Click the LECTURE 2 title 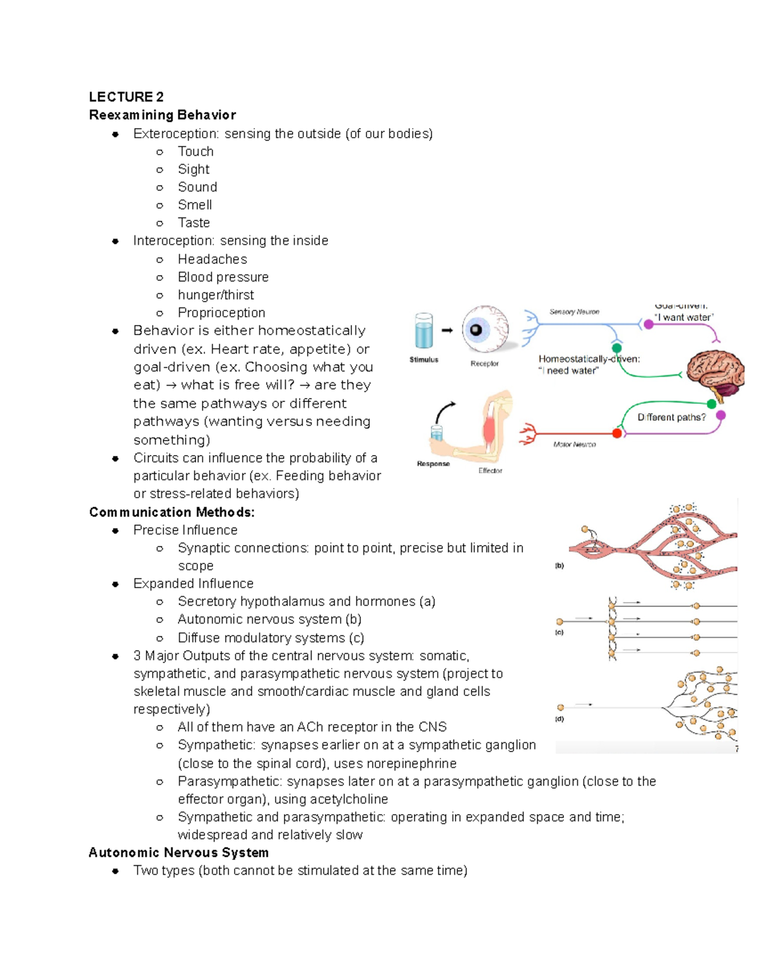[126, 97]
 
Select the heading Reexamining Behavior [162, 115]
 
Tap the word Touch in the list [196, 151]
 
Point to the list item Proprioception [221, 312]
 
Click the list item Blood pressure [223, 277]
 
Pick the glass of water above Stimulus [423, 331]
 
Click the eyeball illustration [484, 329]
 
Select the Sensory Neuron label [574, 312]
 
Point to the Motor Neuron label [574, 444]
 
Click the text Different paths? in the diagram [671, 417]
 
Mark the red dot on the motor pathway [617, 433]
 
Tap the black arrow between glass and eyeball [447, 330]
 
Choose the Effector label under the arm [490, 471]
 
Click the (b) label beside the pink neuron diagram [559, 566]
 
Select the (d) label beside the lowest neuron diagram [559, 719]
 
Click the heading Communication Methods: [172, 512]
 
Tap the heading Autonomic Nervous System [179, 853]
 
